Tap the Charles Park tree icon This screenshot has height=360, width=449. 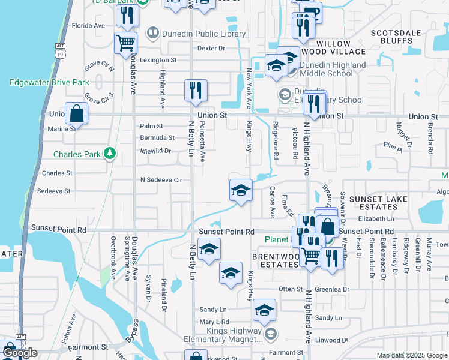point(109,154)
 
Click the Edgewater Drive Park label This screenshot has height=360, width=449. point(49,82)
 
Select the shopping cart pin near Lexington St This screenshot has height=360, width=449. point(126,43)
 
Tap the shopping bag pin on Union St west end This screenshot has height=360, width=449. point(77,112)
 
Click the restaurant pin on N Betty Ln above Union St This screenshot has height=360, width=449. point(196,90)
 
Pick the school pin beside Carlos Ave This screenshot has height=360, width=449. point(241,190)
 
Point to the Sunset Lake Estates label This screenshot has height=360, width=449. point(378,203)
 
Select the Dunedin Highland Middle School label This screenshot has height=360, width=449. point(331,69)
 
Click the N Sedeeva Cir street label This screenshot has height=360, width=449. point(160,179)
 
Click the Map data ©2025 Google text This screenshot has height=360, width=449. point(412,355)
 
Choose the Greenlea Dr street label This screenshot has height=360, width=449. point(331,289)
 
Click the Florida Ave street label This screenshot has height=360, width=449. point(88,26)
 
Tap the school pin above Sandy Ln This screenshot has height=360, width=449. point(264,310)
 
